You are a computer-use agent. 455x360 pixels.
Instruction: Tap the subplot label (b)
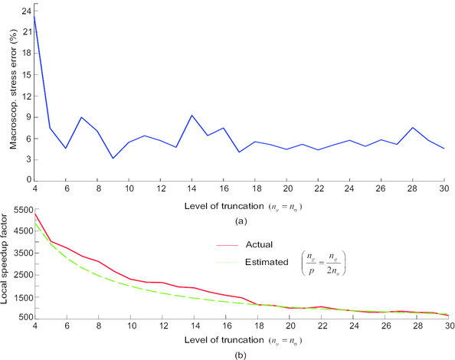point(239,353)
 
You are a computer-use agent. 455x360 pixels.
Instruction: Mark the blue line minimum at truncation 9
point(113,159)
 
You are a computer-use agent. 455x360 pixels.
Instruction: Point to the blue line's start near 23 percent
point(34,18)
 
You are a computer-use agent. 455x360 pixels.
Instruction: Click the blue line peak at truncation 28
point(412,128)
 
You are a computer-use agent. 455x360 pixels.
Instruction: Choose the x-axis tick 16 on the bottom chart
point(223,325)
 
